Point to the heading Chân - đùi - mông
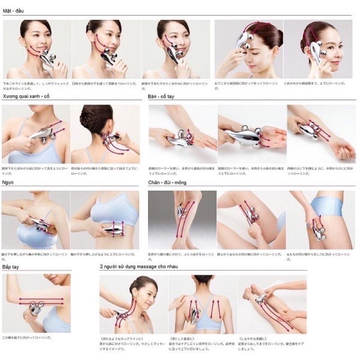[167, 183]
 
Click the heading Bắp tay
[13, 267]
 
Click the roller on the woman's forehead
[241, 43]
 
